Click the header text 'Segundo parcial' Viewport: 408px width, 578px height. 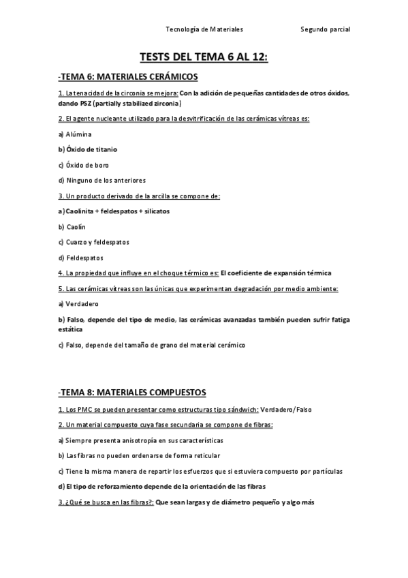click(325, 29)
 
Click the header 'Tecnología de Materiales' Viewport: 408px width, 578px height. click(204, 29)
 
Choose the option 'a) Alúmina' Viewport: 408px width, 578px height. click(74, 134)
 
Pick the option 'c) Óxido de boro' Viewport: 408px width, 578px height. click(83, 165)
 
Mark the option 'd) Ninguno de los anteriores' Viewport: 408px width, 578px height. click(101, 180)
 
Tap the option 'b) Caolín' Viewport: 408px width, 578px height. click(72, 226)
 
